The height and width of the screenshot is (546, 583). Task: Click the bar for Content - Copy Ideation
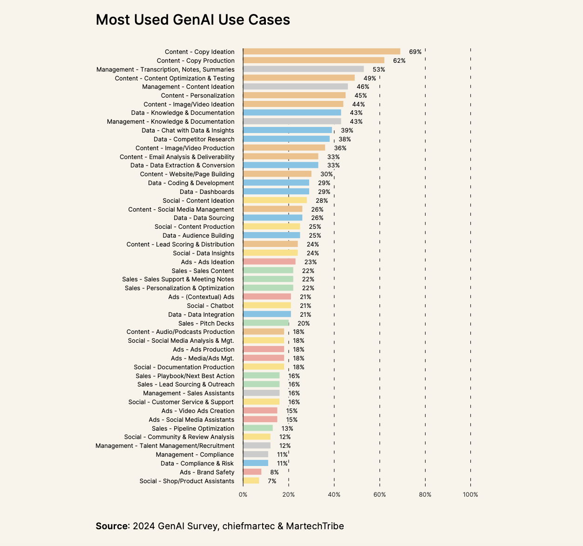click(321, 52)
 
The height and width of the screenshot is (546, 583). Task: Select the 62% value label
click(399, 60)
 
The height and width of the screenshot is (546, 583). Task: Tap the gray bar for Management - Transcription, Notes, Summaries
click(303, 69)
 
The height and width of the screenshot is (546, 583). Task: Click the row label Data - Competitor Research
click(194, 139)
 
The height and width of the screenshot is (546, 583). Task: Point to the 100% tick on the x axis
click(470, 494)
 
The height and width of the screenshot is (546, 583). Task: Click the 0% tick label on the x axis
click(243, 494)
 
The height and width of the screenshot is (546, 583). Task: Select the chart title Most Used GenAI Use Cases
click(193, 20)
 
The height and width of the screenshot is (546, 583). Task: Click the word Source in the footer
click(112, 526)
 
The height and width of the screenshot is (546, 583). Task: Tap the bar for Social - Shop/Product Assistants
click(251, 481)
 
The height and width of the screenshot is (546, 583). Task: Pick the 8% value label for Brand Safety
click(274, 472)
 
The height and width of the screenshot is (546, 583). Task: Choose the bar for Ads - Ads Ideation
click(269, 262)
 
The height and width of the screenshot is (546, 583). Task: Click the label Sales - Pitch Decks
click(206, 323)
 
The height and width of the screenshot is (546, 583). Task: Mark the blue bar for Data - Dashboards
click(276, 192)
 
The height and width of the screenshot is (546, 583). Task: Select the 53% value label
click(379, 69)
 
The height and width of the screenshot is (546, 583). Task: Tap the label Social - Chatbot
click(210, 306)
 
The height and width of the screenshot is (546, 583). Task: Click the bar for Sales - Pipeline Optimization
click(258, 428)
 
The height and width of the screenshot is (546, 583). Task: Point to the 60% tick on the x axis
click(380, 494)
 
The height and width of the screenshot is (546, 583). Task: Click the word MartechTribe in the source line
click(315, 526)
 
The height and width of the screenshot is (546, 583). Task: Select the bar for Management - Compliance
click(256, 454)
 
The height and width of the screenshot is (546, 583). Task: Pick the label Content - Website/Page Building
click(187, 174)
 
